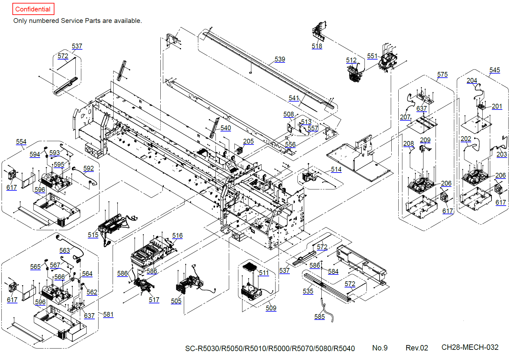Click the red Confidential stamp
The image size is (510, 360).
point(33,9)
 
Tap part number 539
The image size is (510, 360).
point(280,59)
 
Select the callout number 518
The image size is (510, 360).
point(317,46)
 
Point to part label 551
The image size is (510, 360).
point(372,56)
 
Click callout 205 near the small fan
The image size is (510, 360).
point(248,141)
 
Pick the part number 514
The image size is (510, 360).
point(336,169)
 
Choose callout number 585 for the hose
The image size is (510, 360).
point(320,316)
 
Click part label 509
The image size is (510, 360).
point(271,308)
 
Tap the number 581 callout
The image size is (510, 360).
point(108,314)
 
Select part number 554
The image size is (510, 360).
point(21,142)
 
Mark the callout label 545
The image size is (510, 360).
point(495,70)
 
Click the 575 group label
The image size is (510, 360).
point(442,74)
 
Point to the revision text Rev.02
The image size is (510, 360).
point(417,348)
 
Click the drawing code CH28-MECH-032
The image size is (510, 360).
point(470,347)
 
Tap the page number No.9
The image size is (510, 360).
point(380,348)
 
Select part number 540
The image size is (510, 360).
point(226,128)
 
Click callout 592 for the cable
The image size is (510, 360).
point(88,168)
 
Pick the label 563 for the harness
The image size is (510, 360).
point(65,251)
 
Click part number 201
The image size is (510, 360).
point(497,106)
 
